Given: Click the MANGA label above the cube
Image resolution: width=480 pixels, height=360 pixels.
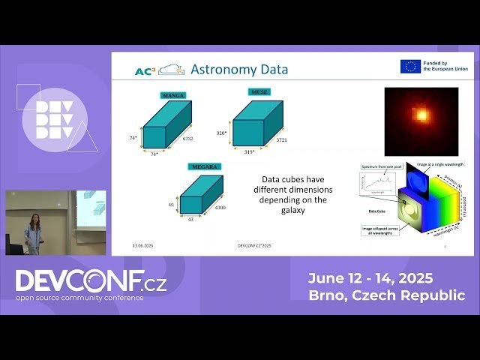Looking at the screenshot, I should [173, 96].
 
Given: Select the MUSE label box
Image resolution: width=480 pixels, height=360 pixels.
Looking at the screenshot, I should [259, 91].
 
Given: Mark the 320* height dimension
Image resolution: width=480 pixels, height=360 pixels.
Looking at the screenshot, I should [221, 132].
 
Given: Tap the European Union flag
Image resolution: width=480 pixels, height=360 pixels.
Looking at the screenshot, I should [409, 67].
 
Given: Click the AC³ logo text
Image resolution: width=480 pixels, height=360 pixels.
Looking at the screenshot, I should [145, 71].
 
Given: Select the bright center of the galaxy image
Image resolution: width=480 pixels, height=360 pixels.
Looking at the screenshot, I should [422, 115].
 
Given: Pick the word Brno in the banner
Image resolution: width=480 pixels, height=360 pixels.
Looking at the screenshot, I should [328, 295].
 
